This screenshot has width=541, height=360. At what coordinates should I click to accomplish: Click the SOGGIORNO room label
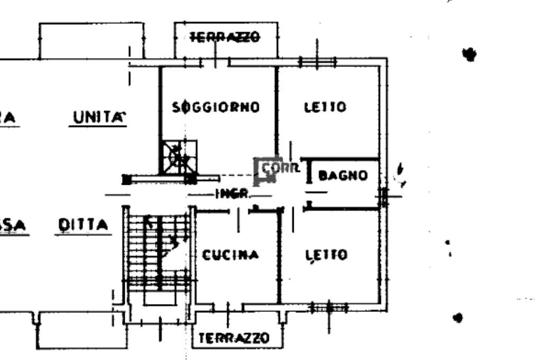tap(217, 107)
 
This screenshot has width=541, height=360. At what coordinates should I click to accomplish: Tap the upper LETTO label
tap(325, 107)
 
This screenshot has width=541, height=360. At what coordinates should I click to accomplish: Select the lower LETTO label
tap(327, 255)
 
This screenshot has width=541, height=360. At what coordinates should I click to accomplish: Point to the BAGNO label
tap(343, 175)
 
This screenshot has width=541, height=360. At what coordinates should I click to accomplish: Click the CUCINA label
tap(231, 255)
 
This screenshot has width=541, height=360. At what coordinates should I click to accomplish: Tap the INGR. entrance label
tap(231, 194)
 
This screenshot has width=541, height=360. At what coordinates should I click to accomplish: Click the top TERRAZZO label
tap(226, 37)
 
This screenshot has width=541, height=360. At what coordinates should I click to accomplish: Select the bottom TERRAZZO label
tap(235, 338)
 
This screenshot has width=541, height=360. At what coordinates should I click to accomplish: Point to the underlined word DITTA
tap(83, 225)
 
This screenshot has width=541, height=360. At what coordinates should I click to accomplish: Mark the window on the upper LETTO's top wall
tap(317, 62)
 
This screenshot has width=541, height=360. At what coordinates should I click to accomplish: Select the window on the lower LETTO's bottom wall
tap(327, 306)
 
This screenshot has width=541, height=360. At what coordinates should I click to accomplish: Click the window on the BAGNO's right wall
tap(384, 196)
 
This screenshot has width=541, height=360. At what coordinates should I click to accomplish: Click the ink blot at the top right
tap(468, 54)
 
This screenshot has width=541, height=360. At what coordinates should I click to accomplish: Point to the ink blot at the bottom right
tap(458, 317)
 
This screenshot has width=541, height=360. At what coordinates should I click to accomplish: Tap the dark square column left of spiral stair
tap(126, 179)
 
